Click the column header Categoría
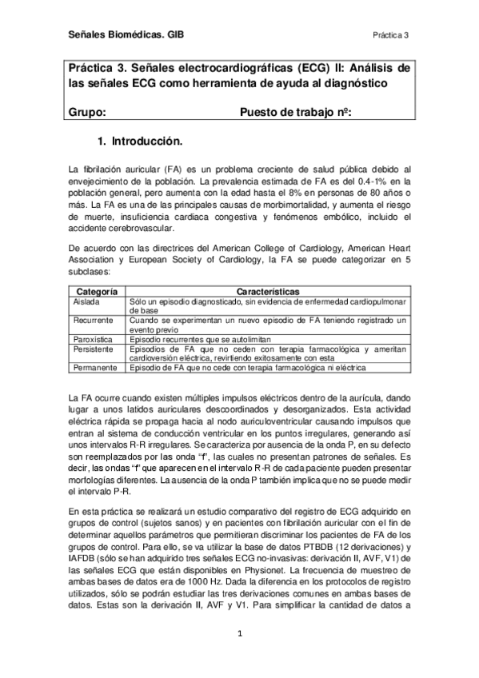click(97, 293)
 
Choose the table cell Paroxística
click(93, 339)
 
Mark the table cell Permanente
click(94, 368)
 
